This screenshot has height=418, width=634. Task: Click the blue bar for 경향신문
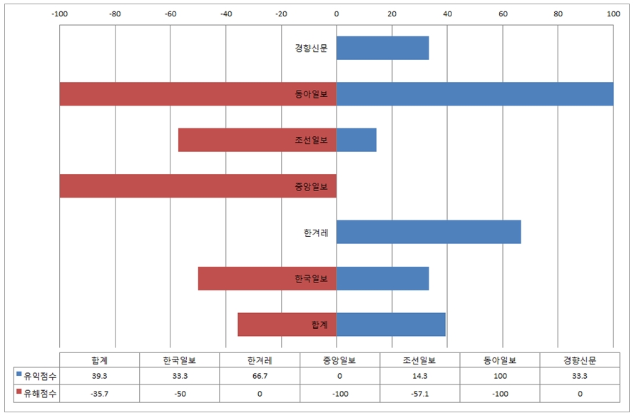click(382, 49)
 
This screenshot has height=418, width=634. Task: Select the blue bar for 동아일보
click(474, 94)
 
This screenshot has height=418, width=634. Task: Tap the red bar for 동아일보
click(171, 94)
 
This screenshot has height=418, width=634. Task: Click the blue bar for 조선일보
click(356, 140)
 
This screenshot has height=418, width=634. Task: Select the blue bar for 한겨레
click(428, 232)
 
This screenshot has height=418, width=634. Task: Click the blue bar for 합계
click(391, 324)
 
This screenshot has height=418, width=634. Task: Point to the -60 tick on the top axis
click(170, 13)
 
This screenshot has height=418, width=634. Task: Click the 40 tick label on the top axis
click(447, 13)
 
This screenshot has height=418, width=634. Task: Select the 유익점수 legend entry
click(35, 374)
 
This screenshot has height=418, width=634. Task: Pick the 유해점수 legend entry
click(35, 393)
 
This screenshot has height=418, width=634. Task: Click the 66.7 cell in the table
click(260, 374)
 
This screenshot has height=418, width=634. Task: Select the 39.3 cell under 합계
click(100, 374)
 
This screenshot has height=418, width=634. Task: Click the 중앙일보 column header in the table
click(339, 360)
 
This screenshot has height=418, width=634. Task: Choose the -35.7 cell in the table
click(100, 393)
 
